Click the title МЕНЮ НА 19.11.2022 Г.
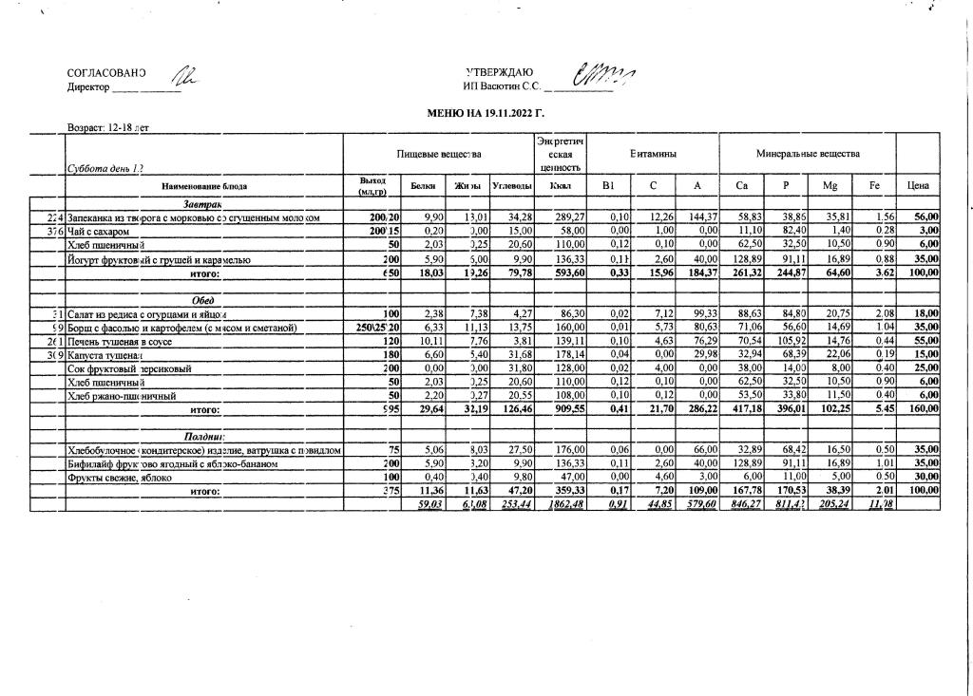point(486,113)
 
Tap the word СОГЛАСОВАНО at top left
point(106,73)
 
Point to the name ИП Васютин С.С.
point(502,87)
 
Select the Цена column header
point(918,186)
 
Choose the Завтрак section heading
point(202,204)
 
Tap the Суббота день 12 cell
point(105,168)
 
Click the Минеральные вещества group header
point(808,153)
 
